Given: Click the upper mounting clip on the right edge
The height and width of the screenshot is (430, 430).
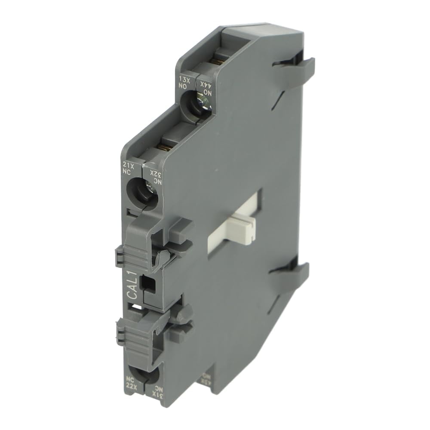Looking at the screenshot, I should tap(297, 69).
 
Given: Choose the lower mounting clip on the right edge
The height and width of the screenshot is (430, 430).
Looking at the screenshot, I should tap(290, 275).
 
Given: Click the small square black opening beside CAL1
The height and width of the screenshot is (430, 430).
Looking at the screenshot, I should tap(148, 283).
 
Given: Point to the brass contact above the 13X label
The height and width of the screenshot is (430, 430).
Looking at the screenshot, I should tap(218, 61).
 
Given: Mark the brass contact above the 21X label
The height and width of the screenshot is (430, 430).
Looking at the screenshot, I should tap(163, 147).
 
